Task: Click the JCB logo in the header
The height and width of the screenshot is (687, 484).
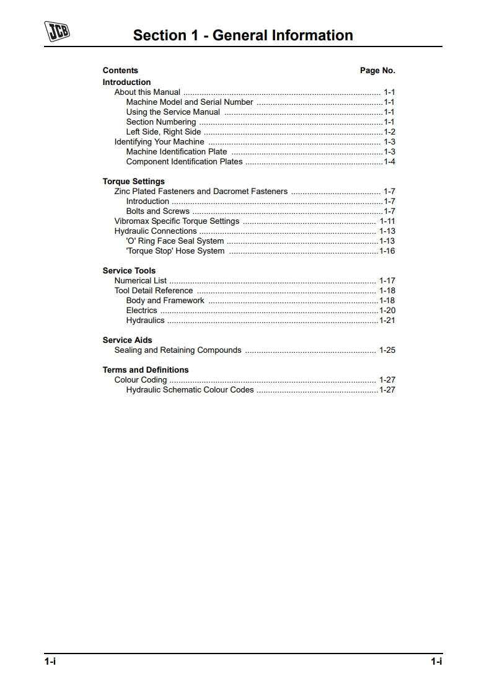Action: [x=57, y=32]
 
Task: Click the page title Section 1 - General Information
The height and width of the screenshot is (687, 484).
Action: [x=243, y=35]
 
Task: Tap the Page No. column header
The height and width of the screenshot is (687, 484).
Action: [x=377, y=71]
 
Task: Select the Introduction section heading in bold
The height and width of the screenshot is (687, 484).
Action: [x=126, y=82]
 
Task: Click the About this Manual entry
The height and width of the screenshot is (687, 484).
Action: [x=147, y=92]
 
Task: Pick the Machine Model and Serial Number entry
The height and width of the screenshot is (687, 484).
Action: [x=190, y=102]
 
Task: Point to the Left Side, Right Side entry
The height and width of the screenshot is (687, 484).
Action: [x=164, y=132]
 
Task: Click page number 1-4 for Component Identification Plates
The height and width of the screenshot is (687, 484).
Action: [x=389, y=162]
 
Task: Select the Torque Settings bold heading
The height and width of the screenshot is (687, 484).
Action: [x=133, y=182]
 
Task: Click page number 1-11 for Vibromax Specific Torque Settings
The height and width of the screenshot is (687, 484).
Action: [x=387, y=221]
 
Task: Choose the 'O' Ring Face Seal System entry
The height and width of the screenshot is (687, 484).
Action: [x=175, y=241]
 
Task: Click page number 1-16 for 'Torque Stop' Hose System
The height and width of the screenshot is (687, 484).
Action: [x=387, y=251]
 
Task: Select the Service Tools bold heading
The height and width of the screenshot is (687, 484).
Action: [x=129, y=271]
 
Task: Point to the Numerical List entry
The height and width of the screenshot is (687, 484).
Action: [x=141, y=281]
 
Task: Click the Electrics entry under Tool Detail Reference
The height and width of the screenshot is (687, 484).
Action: [x=142, y=311]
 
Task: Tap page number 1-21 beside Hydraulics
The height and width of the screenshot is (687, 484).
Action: [x=387, y=321]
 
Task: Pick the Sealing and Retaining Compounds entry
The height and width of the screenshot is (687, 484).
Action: [x=178, y=350]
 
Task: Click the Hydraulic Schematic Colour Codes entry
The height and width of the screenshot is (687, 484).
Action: [x=190, y=390]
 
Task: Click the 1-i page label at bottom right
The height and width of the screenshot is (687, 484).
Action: [x=436, y=662]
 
